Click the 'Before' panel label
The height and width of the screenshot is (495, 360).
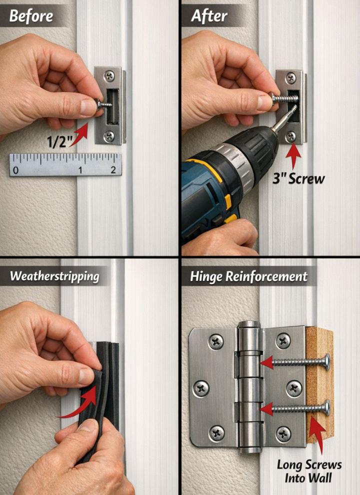coord(31,16)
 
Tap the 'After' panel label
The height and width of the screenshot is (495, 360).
coord(208,16)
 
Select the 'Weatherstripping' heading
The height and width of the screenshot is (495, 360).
coord(54,276)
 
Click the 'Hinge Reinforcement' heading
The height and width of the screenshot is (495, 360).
coord(248,276)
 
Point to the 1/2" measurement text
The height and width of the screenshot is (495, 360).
coord(57,141)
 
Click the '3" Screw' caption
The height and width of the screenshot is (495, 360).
coord(298,178)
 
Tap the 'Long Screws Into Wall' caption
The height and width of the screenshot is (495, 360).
coord(309,471)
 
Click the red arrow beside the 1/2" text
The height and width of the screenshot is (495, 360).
coord(79,134)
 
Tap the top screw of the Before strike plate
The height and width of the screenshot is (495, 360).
coord(109,75)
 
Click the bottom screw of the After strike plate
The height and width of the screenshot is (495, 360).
coord(290,136)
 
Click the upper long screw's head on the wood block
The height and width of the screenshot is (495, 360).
coord(327,362)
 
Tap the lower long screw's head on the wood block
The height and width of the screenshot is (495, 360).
coord(327,408)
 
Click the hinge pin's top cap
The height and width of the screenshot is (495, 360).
coord(249,325)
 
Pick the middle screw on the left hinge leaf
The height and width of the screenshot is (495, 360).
coord(201,388)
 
